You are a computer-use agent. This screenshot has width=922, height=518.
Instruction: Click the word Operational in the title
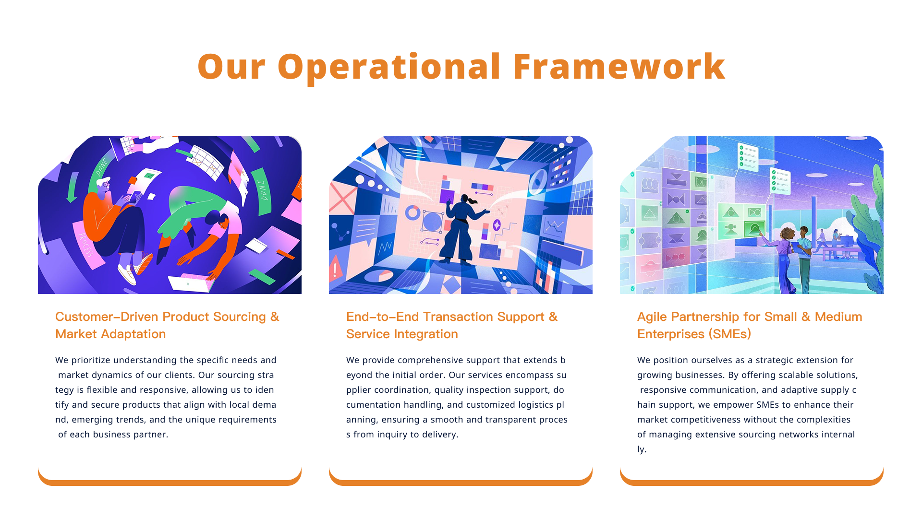pos(389,68)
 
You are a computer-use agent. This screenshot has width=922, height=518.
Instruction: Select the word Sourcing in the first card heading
pos(239,318)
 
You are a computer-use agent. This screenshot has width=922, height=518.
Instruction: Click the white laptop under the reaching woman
pos(192,283)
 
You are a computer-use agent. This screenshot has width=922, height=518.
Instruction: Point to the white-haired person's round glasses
pos(106,184)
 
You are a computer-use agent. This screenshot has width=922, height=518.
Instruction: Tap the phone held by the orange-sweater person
pos(135,197)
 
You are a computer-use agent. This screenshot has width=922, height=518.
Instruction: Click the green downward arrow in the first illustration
pos(73,187)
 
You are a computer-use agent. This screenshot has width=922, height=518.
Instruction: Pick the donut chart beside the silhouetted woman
pos(412,212)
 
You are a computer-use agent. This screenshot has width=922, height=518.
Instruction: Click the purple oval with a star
pos(497,225)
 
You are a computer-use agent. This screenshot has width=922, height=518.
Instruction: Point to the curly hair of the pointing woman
pos(787,234)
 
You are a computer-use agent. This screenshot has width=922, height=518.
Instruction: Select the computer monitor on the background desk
pos(847,240)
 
